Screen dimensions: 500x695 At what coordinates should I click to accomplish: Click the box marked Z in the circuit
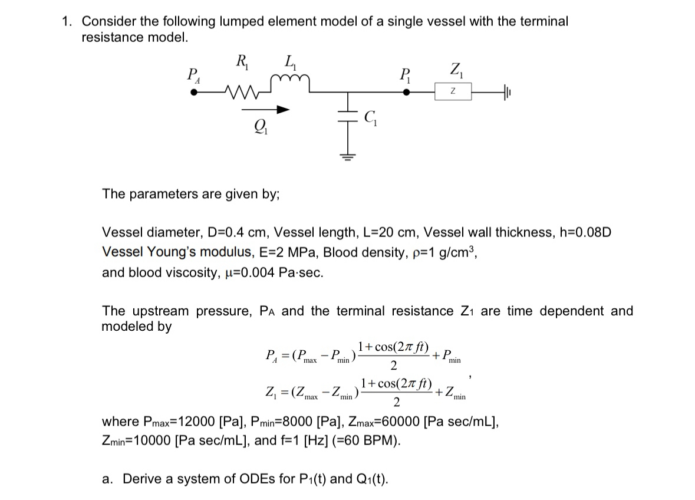pyautogui.click(x=452, y=92)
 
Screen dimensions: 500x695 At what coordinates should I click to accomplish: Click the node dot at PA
pyautogui.click(x=193, y=92)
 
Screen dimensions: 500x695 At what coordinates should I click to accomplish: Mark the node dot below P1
pyautogui.click(x=406, y=92)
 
